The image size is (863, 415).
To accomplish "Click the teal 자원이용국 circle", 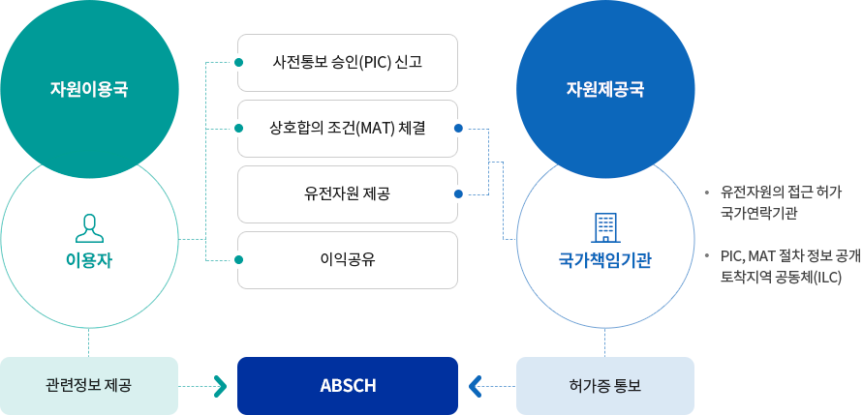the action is tap(89, 89).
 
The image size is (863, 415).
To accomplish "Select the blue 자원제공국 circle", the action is tap(605, 89).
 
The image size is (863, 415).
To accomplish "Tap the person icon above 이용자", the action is tap(89, 228).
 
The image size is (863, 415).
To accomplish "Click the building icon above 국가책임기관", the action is tap(605, 228).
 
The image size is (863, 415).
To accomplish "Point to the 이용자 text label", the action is tap(89, 260).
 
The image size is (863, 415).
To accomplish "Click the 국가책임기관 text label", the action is tap(605, 260).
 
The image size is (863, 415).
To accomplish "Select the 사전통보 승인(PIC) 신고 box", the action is tap(348, 63).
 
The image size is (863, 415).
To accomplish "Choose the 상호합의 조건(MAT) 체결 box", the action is tap(348, 129).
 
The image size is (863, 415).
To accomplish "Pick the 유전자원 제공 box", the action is tap(348, 194).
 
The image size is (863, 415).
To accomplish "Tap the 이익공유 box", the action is tap(348, 260).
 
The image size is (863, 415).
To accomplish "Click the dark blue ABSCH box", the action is tap(348, 386).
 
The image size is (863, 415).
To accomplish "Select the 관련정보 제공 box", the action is tap(89, 386).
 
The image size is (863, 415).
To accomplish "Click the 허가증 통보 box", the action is tap(605, 386).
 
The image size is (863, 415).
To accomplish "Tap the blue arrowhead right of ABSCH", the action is tap(475, 386).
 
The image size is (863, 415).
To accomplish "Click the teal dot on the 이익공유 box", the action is tap(238, 260).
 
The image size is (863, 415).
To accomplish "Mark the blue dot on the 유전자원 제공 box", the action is tap(458, 194).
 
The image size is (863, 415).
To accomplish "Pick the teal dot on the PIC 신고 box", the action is tap(238, 63).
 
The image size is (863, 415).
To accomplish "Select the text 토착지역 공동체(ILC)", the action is tap(782, 278).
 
